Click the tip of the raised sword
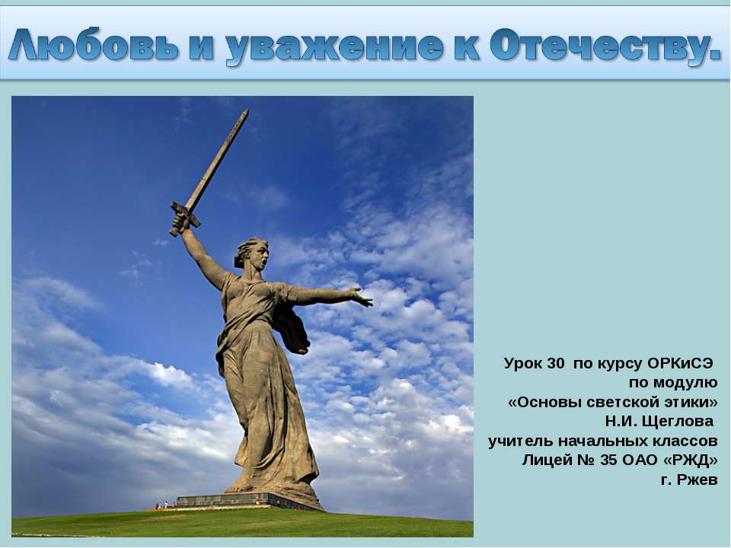coord(245,112)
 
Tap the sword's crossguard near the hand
coord(185,215)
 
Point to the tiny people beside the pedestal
coord(164,505)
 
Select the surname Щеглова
coord(678,421)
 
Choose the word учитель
coord(519,441)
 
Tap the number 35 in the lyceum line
coord(608,460)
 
